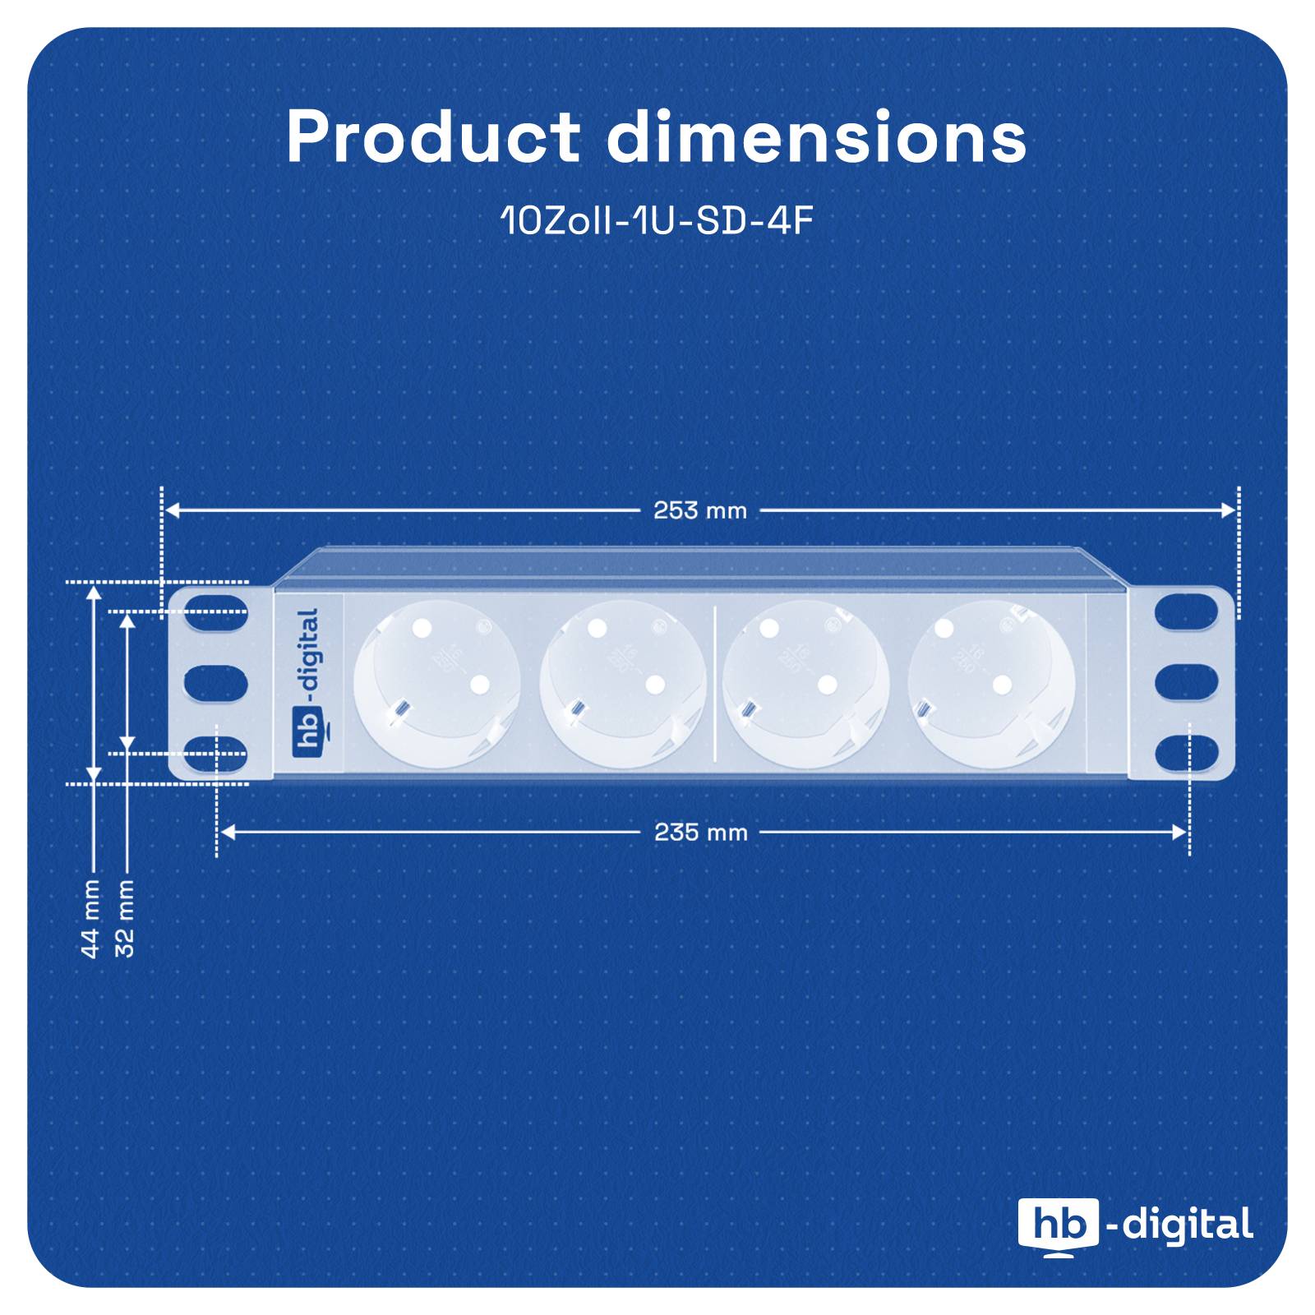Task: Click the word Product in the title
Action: pos(432,136)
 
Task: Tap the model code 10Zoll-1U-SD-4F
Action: pos(657,221)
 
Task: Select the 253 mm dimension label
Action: pos(700,511)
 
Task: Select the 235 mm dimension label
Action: pos(700,833)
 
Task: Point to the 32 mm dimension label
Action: pos(125,919)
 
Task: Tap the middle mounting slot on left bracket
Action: pos(215,683)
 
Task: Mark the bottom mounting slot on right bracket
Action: pos(1186,753)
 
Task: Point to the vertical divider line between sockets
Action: pos(715,683)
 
